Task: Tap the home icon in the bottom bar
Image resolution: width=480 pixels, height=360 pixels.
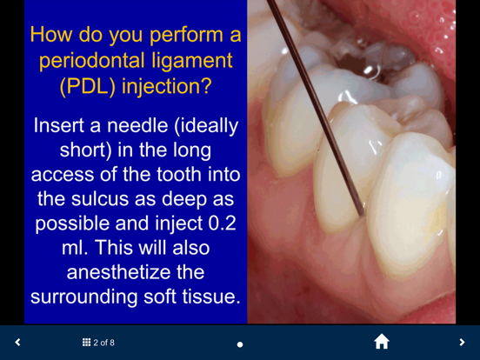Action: point(381,342)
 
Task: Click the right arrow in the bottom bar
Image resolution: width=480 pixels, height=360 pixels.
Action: point(462,343)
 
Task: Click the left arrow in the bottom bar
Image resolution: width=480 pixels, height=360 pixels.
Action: point(17,343)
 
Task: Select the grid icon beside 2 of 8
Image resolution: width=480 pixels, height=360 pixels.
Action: point(86,343)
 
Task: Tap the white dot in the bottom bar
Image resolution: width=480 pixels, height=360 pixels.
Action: point(240,344)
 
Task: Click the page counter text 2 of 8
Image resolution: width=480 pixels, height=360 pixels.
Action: point(104,343)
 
